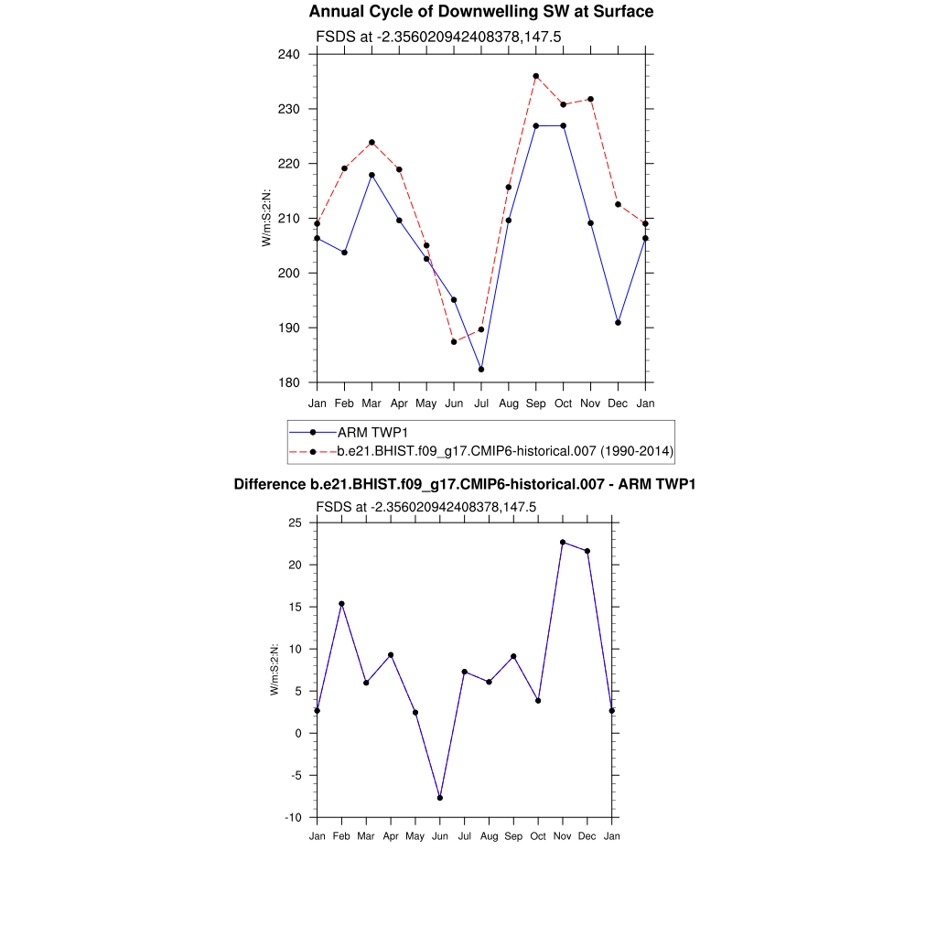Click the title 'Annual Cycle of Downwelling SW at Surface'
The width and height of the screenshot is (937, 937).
click(x=481, y=12)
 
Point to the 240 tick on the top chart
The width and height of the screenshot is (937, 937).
click(x=290, y=54)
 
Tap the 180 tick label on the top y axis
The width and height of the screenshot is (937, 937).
click(x=290, y=382)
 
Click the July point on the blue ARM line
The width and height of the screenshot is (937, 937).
click(x=481, y=369)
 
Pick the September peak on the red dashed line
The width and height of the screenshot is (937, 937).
click(x=536, y=76)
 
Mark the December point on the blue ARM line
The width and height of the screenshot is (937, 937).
click(x=619, y=322)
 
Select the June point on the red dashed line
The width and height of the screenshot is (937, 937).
click(x=454, y=341)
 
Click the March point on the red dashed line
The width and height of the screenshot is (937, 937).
click(x=372, y=142)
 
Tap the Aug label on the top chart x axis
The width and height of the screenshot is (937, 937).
click(x=509, y=403)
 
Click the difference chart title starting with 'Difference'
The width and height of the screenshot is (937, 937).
click(x=464, y=483)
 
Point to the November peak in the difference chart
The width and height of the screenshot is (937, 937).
click(x=563, y=543)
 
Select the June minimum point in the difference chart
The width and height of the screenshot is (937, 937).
click(x=440, y=798)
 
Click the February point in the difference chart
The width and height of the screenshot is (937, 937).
click(x=341, y=604)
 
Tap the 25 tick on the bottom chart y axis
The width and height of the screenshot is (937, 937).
click(x=295, y=522)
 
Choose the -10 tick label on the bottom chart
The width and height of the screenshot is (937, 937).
click(x=293, y=817)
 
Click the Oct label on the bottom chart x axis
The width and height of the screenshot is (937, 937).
click(x=538, y=836)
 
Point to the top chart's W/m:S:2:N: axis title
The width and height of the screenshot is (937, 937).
click(x=266, y=218)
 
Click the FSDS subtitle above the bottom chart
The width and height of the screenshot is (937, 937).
click(x=425, y=506)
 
